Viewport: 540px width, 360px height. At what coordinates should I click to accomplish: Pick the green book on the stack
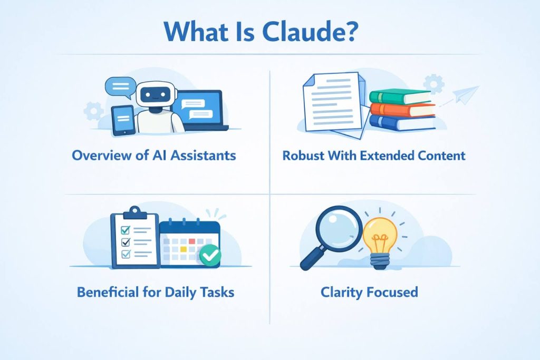pyautogui.click(x=400, y=96)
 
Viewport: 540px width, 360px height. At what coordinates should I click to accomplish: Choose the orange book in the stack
pyautogui.click(x=402, y=110)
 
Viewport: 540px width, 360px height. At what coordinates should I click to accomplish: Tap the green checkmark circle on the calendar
pyautogui.click(x=210, y=256)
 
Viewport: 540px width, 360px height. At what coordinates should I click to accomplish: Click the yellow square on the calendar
pyautogui.click(x=184, y=248)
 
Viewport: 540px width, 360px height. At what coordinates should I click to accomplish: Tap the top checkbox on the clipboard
pyautogui.click(x=126, y=230)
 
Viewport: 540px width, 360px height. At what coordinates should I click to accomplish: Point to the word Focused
pyautogui.click(x=392, y=291)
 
